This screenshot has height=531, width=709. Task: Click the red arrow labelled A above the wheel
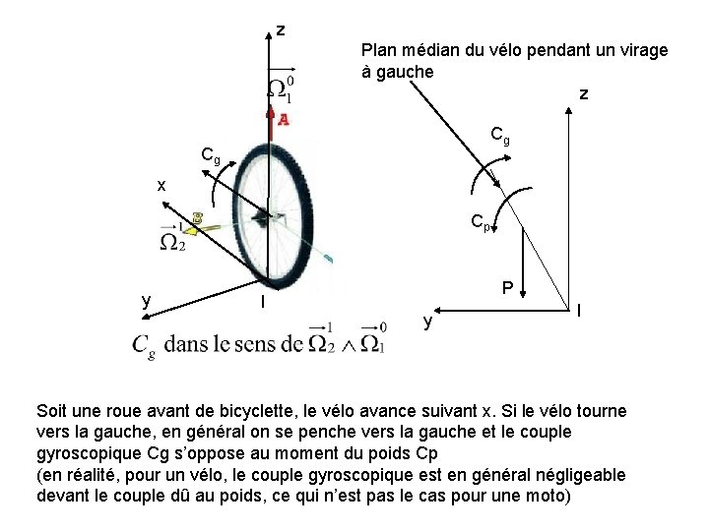[x=272, y=119]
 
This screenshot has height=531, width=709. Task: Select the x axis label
[x=161, y=185]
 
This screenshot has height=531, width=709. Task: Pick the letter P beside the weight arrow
[x=506, y=288]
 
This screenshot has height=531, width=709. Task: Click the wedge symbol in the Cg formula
[x=346, y=345]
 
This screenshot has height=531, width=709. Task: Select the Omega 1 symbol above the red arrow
[x=280, y=87]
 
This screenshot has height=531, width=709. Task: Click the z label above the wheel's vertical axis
[x=281, y=30]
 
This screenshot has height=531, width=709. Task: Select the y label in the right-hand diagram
[x=426, y=321]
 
